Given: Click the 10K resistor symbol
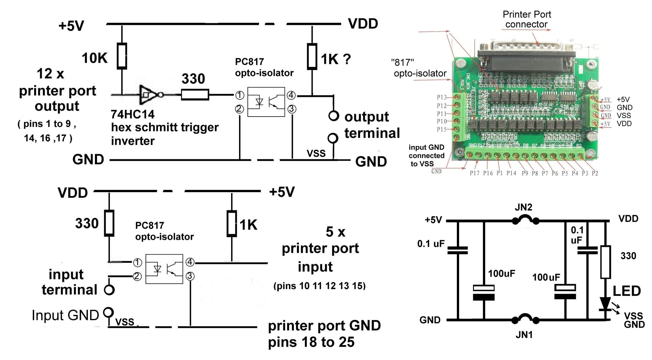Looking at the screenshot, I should coord(122,56).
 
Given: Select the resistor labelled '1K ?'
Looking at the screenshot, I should coord(312,57).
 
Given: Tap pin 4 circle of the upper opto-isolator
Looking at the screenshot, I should coord(291,95).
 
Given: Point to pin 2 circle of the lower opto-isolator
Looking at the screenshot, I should coord(137,276).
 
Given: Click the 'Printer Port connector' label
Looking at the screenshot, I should coord(527,19).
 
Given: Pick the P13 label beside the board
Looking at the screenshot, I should coord(442,97).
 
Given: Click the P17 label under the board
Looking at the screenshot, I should coord(474,173).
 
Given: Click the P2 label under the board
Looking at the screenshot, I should coord(595,173).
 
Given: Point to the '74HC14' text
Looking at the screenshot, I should coord(132,114).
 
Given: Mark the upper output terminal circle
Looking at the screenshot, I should coord(333,116).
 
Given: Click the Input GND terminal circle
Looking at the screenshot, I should coord(109,312).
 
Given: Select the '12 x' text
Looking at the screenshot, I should coord(50,74).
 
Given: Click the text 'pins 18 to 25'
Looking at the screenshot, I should coord(311,342).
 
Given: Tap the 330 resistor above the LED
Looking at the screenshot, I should coord(605,262).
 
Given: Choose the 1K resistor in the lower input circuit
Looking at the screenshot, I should coord(231,223).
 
